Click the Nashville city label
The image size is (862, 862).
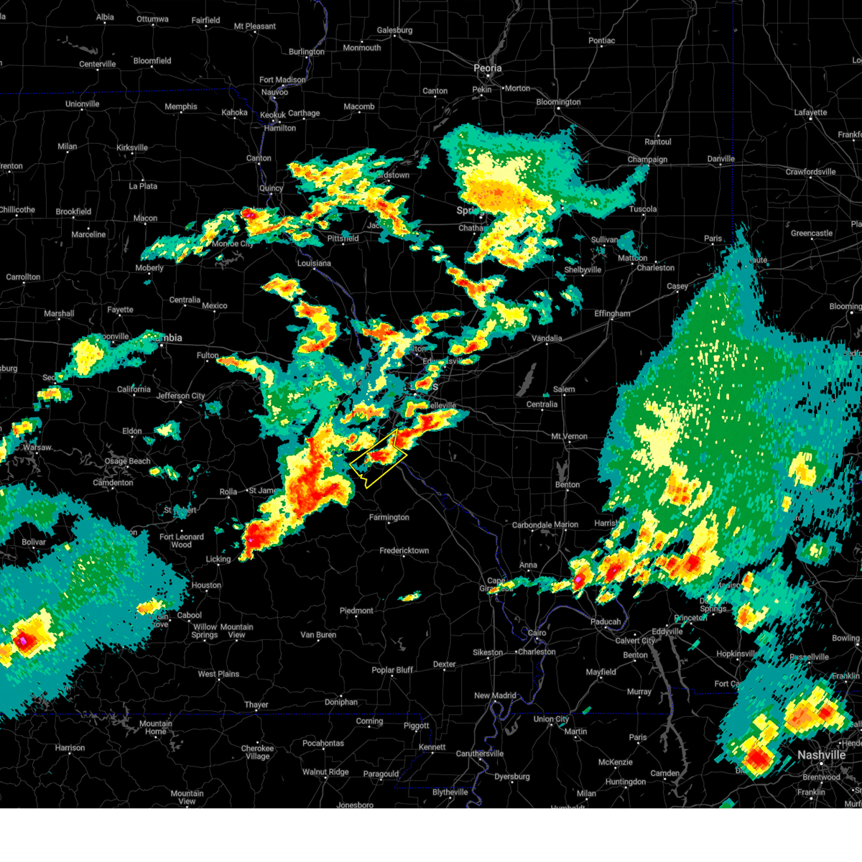click(x=821, y=755)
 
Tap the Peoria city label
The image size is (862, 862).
click(x=487, y=68)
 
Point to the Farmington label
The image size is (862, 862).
click(x=389, y=517)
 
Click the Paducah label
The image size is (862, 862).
click(x=606, y=622)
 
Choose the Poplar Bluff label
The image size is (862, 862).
click(x=392, y=670)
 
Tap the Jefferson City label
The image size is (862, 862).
click(x=180, y=396)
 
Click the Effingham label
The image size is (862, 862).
click(x=612, y=314)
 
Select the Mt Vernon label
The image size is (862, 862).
click(x=569, y=437)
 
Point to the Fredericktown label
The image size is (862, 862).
click(x=404, y=551)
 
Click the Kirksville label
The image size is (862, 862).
click(x=132, y=148)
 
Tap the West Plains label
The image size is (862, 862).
click(x=218, y=675)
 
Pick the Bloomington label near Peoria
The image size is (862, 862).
click(x=558, y=102)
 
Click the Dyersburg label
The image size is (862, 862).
click(x=513, y=777)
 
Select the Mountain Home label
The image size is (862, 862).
click(x=156, y=728)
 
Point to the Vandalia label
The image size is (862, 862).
click(x=547, y=338)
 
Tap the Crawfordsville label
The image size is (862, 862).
click(x=810, y=172)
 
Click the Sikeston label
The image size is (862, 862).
click(x=488, y=653)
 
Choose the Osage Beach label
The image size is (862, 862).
click(x=128, y=461)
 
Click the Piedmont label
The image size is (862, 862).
click(x=356, y=611)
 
